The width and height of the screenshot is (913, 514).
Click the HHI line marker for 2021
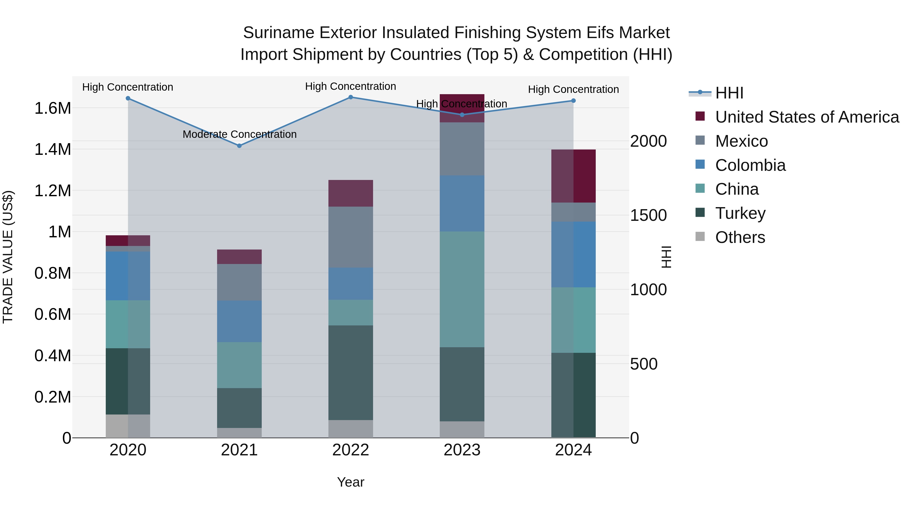[x=239, y=146]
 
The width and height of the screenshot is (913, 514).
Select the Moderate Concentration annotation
[x=240, y=135]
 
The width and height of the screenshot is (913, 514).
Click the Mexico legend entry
[x=742, y=141]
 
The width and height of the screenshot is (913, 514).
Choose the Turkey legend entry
[x=740, y=213]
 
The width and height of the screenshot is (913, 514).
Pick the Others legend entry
[x=740, y=237]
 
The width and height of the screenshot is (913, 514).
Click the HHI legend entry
[x=729, y=93]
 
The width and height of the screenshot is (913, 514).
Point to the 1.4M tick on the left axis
[x=52, y=149]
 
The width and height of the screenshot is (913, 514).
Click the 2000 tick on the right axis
[x=648, y=141]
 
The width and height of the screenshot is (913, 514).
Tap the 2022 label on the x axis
[x=350, y=450]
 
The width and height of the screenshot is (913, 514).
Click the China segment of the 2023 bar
[x=462, y=289]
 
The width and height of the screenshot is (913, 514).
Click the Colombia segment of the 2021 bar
[x=239, y=321]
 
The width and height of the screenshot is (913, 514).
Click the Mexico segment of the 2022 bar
[x=350, y=237]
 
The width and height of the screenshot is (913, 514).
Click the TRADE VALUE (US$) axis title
[x=8, y=257]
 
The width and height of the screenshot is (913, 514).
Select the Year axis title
[x=350, y=482]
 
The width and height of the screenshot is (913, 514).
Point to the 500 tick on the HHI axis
[x=644, y=364]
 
